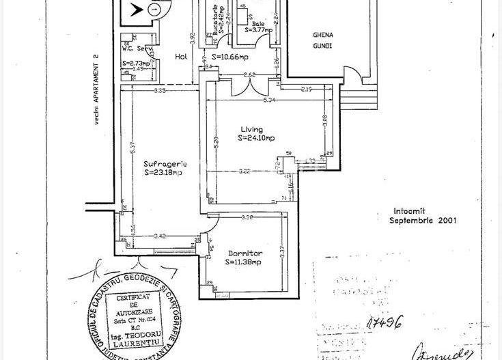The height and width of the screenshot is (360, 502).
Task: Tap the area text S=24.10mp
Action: pyautogui.click(x=256, y=137)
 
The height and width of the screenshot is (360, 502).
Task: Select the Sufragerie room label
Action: pyautogui.click(x=165, y=164)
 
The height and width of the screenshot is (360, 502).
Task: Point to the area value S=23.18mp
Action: pyautogui.click(x=163, y=173)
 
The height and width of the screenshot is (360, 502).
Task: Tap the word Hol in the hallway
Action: pyautogui.click(x=181, y=57)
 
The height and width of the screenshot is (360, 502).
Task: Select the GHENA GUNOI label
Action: pyautogui.click(x=322, y=39)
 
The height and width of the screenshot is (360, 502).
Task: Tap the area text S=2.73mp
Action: pyautogui.click(x=135, y=63)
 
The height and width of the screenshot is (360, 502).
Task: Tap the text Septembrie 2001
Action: pyautogui.click(x=423, y=221)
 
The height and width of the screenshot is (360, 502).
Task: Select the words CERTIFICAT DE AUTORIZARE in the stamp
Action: pyautogui.click(x=135, y=307)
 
